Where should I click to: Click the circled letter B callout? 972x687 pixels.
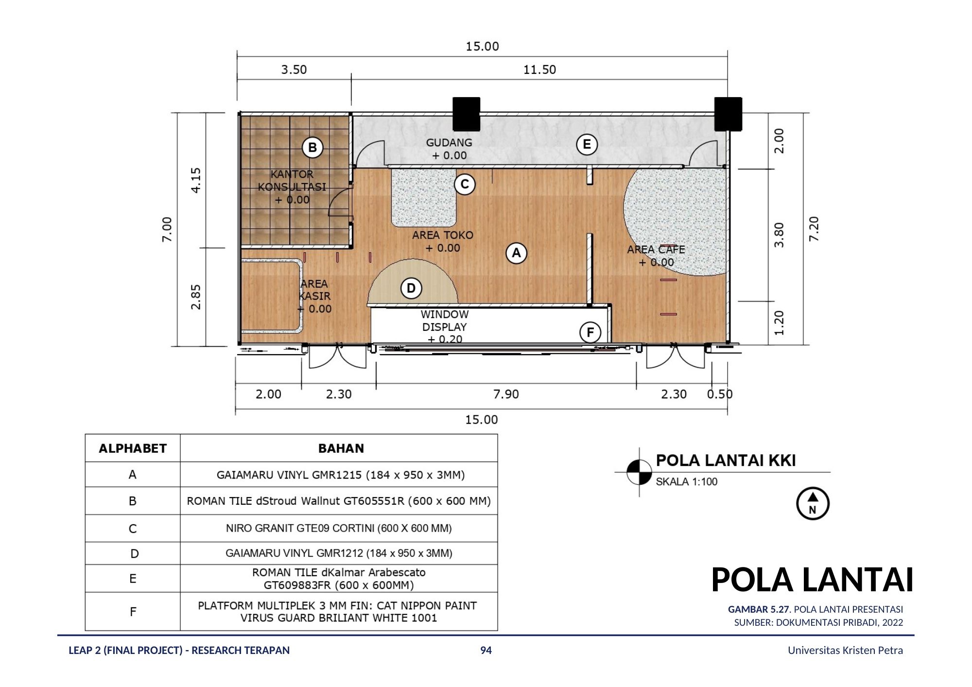click(312, 148)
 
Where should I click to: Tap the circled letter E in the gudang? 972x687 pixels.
click(587, 144)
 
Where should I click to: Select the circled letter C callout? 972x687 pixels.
click(465, 184)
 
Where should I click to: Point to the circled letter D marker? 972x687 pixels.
click(411, 289)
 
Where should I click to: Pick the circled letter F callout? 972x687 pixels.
click(590, 332)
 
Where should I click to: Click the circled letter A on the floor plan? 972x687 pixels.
click(516, 253)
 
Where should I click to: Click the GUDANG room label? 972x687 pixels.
click(449, 143)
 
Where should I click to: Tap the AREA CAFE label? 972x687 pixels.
click(656, 250)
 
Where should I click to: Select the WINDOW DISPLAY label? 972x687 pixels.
click(444, 321)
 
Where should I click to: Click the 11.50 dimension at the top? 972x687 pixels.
click(539, 69)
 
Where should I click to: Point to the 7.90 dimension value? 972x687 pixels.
click(506, 394)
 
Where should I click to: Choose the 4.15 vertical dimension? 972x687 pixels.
click(196, 180)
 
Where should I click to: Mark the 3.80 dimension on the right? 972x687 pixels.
click(779, 235)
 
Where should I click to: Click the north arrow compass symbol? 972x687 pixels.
click(813, 504)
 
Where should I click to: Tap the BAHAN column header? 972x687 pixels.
click(341, 448)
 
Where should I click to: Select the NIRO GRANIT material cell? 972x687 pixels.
click(339, 528)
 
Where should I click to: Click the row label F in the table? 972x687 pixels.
click(133, 612)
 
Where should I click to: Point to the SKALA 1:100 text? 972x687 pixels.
click(686, 481)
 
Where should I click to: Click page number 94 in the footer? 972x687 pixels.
click(486, 651)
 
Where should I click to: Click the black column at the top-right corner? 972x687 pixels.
click(728, 114)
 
